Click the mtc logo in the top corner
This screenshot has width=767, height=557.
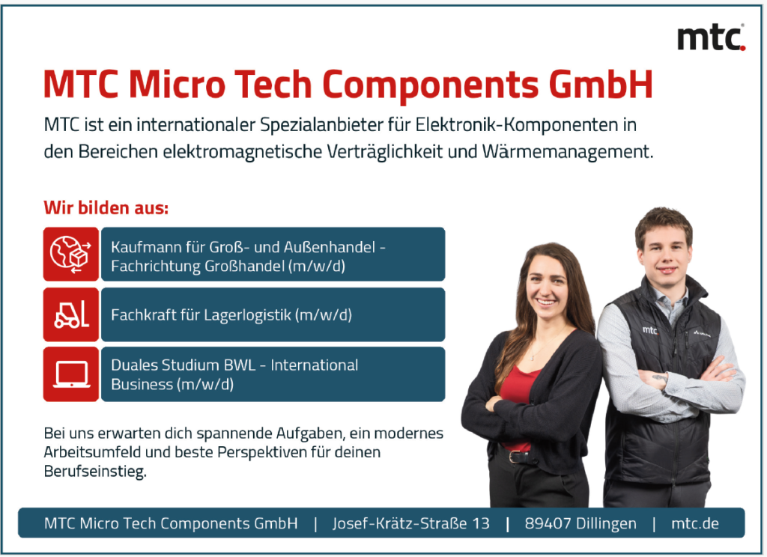coord(711,37)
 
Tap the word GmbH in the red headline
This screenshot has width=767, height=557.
coord(601,85)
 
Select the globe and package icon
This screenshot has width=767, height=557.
coord(71,254)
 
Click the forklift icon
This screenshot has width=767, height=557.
coord(71,314)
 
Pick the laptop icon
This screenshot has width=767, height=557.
coord(71,374)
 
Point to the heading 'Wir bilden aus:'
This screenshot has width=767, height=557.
coord(106,208)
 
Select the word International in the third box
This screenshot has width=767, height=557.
coord(314,365)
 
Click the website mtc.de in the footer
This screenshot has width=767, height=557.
coord(695,523)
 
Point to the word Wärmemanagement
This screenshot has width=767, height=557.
coord(568,151)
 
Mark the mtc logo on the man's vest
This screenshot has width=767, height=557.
coord(650,331)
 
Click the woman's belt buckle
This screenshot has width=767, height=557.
coord(513,457)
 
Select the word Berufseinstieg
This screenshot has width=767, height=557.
coord(95,472)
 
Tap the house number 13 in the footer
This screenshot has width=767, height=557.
coord(481,523)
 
